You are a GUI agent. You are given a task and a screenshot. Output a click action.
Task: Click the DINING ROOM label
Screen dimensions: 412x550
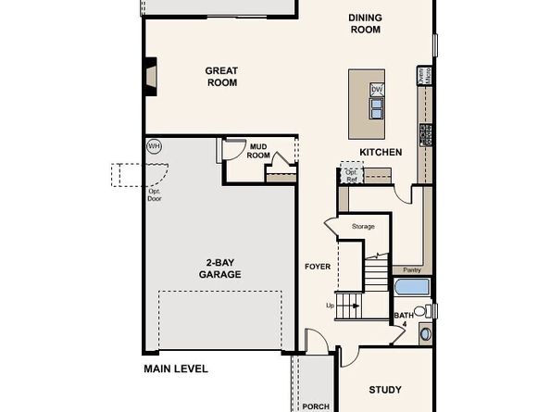click(x=364, y=23)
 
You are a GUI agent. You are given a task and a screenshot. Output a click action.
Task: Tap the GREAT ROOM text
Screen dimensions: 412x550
click(x=221, y=77)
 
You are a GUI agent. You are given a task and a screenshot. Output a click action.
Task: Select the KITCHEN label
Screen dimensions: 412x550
click(x=381, y=152)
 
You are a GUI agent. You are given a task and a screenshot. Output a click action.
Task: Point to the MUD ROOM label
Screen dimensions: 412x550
click(x=258, y=150)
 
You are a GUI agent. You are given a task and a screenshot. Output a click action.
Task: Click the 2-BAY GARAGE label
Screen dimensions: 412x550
click(x=219, y=268)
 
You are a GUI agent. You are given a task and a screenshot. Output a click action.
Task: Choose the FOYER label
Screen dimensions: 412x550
click(x=318, y=267)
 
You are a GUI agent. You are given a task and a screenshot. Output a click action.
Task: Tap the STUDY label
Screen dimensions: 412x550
click(x=384, y=390)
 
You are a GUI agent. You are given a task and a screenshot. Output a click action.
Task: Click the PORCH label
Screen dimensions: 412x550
click(x=316, y=406)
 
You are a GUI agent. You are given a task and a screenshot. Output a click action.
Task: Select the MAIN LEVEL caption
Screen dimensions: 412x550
click(x=176, y=368)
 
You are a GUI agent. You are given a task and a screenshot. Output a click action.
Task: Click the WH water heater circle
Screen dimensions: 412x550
click(x=154, y=146)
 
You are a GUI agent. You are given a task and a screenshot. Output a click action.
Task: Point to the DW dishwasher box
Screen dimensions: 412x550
click(x=377, y=90)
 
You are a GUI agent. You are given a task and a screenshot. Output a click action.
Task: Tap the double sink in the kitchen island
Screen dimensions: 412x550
click(x=377, y=108)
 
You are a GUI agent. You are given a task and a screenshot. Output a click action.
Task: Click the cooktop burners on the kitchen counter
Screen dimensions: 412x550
click(x=426, y=135)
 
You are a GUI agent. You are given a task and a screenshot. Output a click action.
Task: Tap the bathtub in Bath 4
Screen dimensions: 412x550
click(x=411, y=287)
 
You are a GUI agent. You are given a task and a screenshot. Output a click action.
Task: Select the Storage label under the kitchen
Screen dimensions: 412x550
click(x=363, y=226)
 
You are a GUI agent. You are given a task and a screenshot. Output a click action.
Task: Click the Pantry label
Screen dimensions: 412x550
click(x=412, y=269)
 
